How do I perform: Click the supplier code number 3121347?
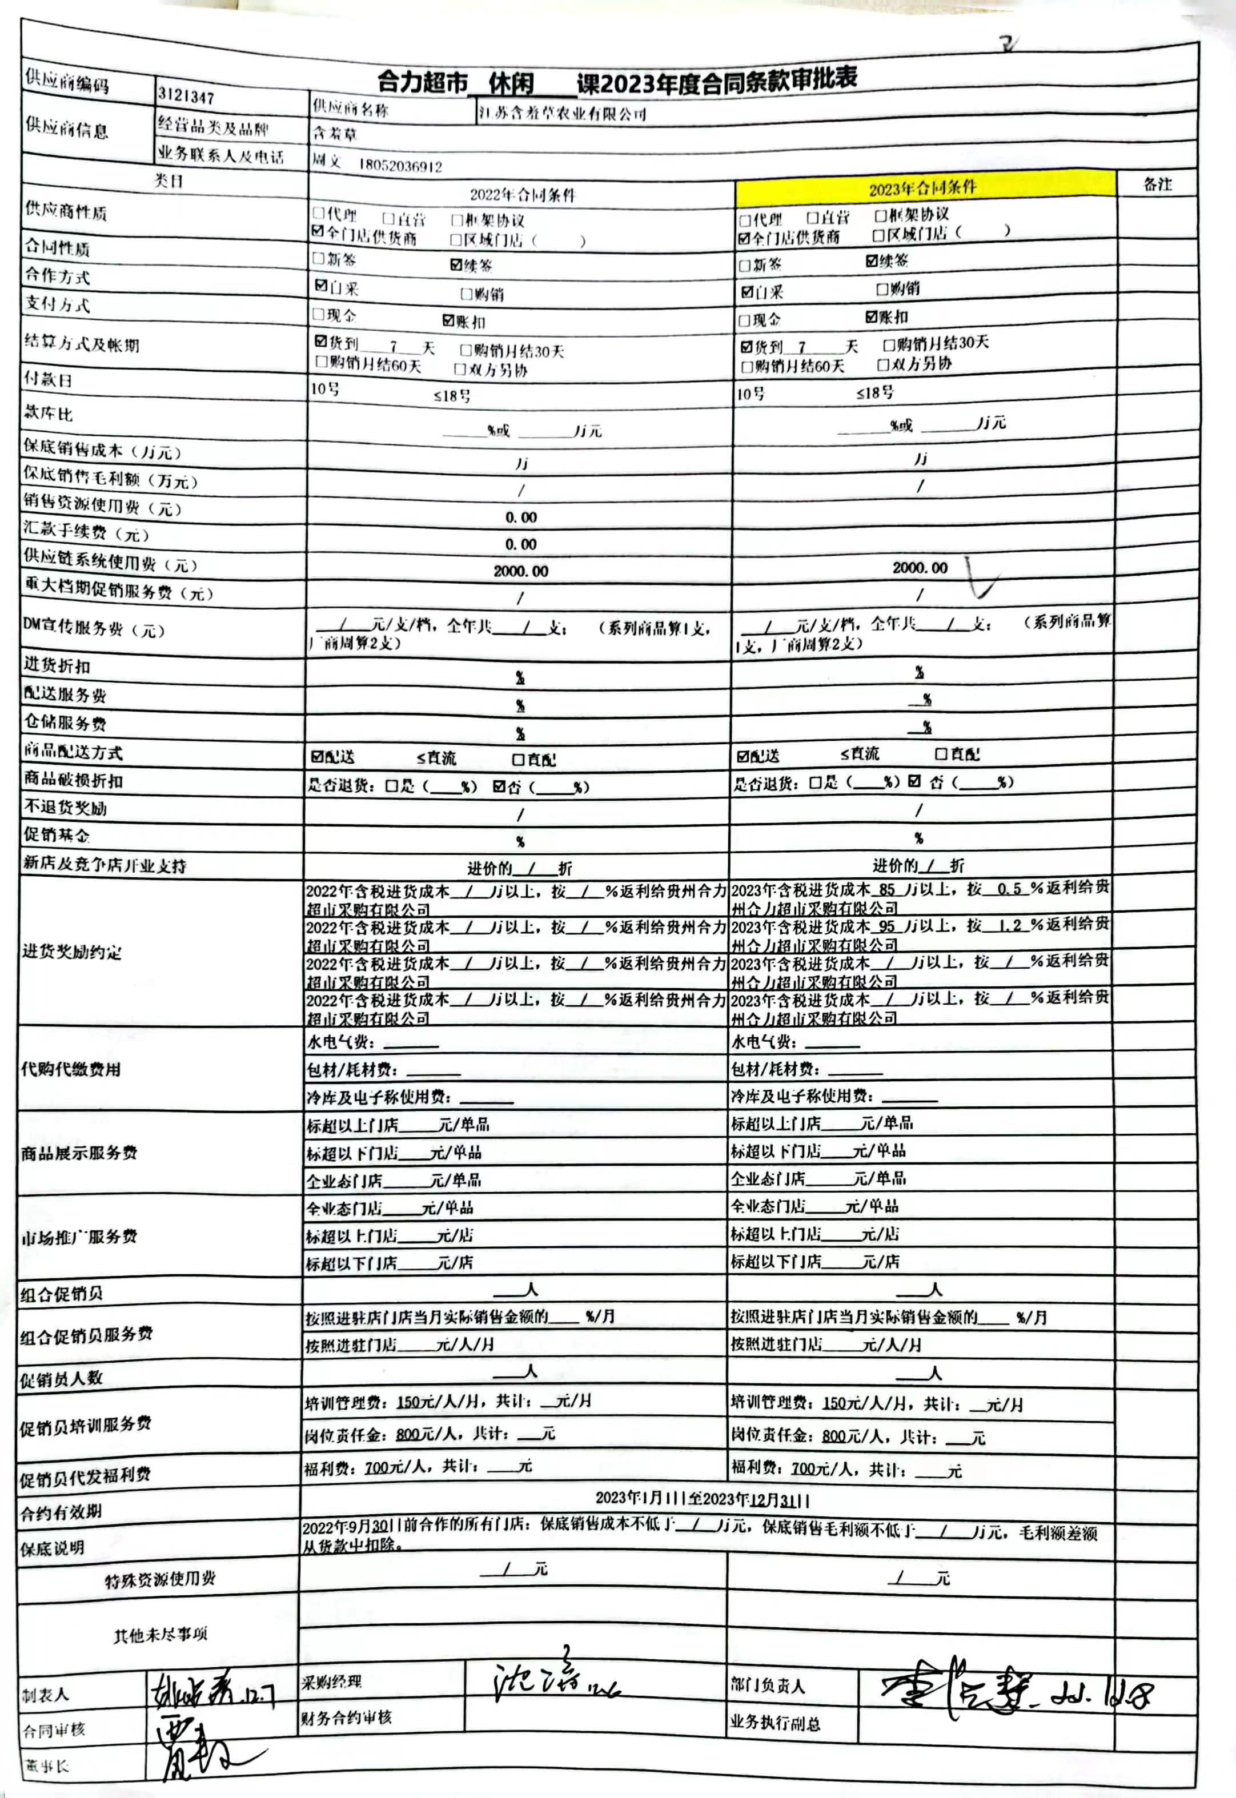pos(186,96)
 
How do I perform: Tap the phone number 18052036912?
pos(400,166)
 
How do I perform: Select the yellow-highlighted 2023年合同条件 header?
pos(923,187)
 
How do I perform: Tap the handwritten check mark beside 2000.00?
pos(980,577)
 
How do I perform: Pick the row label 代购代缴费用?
pos(71,1069)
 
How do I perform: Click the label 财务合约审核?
pos(346,1717)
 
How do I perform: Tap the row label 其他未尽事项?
pos(160,1635)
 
